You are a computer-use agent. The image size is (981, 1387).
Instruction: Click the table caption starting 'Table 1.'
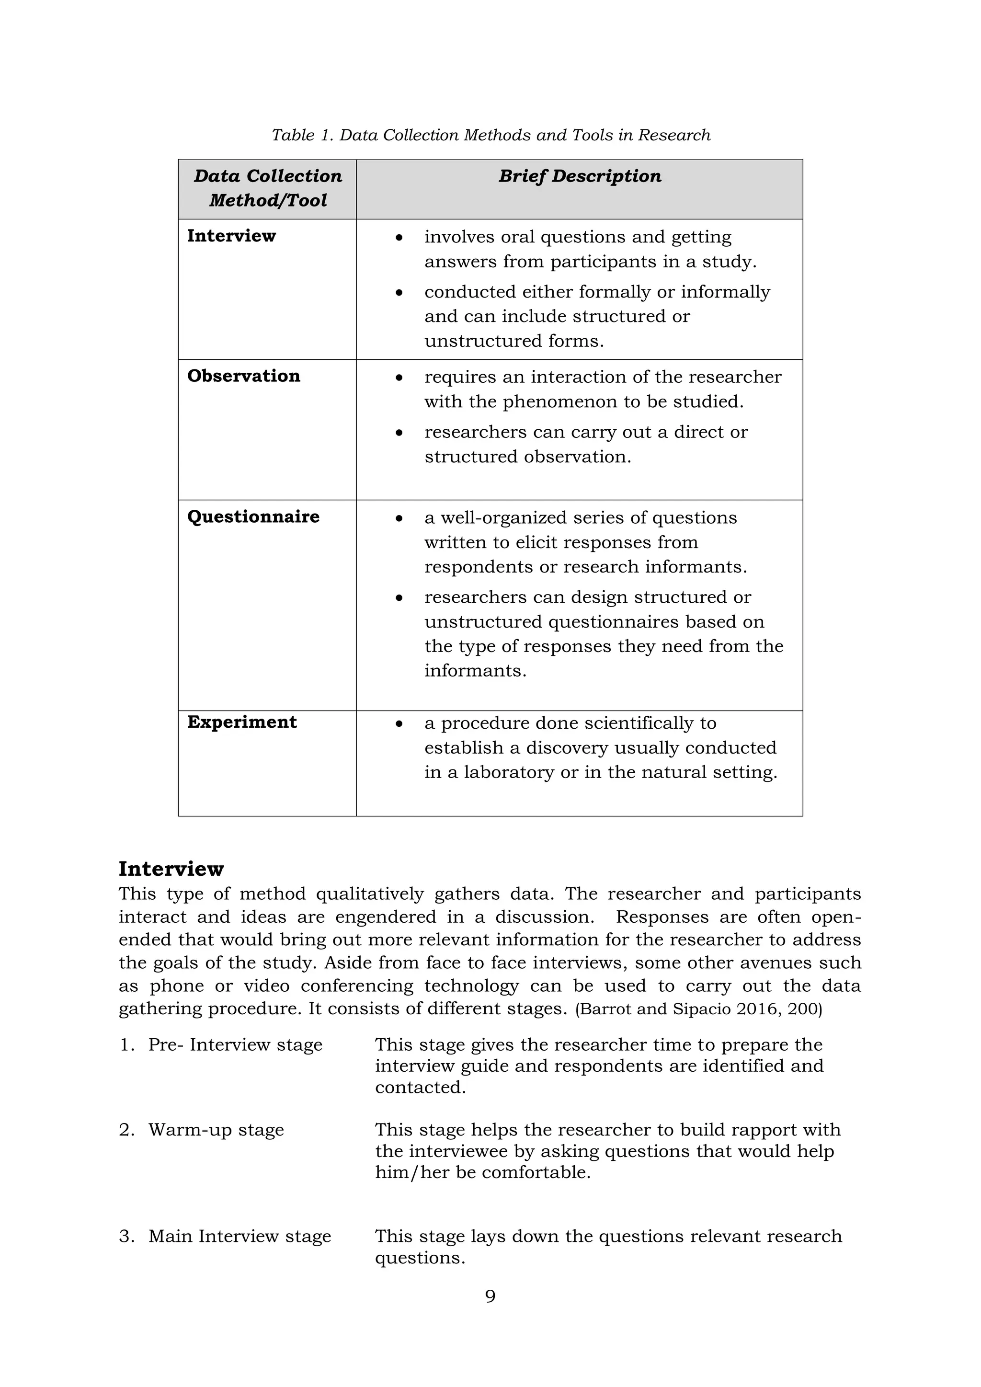490,135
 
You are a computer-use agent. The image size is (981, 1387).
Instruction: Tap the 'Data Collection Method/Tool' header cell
268,188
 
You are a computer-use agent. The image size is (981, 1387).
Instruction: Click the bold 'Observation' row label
243,376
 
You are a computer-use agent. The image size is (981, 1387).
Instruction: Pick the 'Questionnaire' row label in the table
253,516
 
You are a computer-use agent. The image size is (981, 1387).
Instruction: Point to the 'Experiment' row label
241,722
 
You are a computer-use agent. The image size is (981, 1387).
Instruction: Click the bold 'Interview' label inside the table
231,236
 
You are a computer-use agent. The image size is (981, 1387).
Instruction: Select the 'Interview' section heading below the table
171,869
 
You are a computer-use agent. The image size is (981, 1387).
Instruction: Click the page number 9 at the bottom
490,1296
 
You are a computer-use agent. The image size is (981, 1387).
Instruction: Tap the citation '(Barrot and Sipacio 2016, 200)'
698,1009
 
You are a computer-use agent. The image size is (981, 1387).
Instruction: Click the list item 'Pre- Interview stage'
235,1044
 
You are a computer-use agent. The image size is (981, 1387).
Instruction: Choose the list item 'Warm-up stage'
216,1130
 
